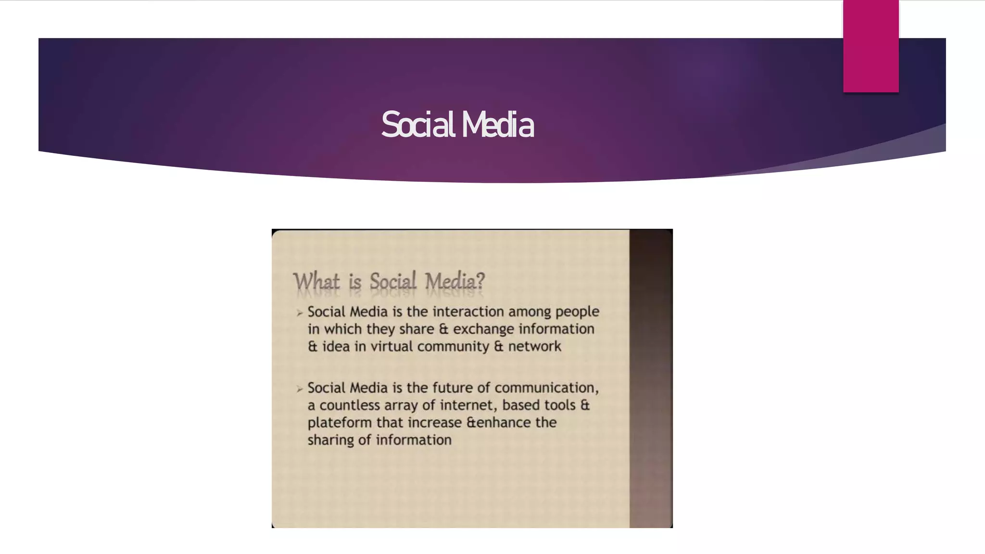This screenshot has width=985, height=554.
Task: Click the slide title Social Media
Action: pyautogui.click(x=457, y=125)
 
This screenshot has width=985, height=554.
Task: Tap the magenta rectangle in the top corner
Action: pyautogui.click(x=871, y=46)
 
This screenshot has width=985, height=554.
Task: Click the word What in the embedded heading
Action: pyautogui.click(x=316, y=281)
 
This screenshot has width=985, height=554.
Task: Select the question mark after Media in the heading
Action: pyautogui.click(x=480, y=281)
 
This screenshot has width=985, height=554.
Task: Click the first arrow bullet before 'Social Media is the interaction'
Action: pyautogui.click(x=300, y=313)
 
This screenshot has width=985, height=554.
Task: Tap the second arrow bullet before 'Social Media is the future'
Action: pyautogui.click(x=300, y=389)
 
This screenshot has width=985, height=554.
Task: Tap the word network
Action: pyautogui.click(x=534, y=346)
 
